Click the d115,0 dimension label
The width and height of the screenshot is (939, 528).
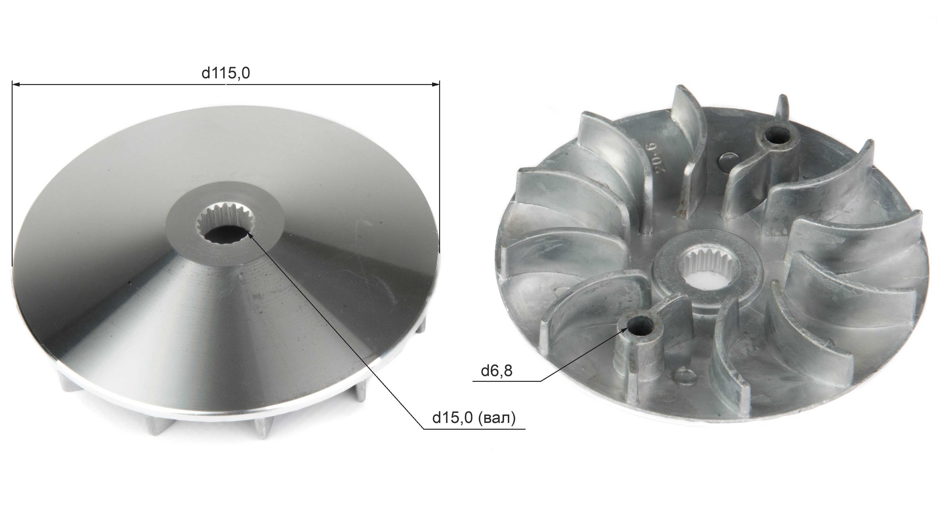click(x=226, y=73)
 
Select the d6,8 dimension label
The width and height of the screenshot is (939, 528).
click(x=496, y=371)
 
